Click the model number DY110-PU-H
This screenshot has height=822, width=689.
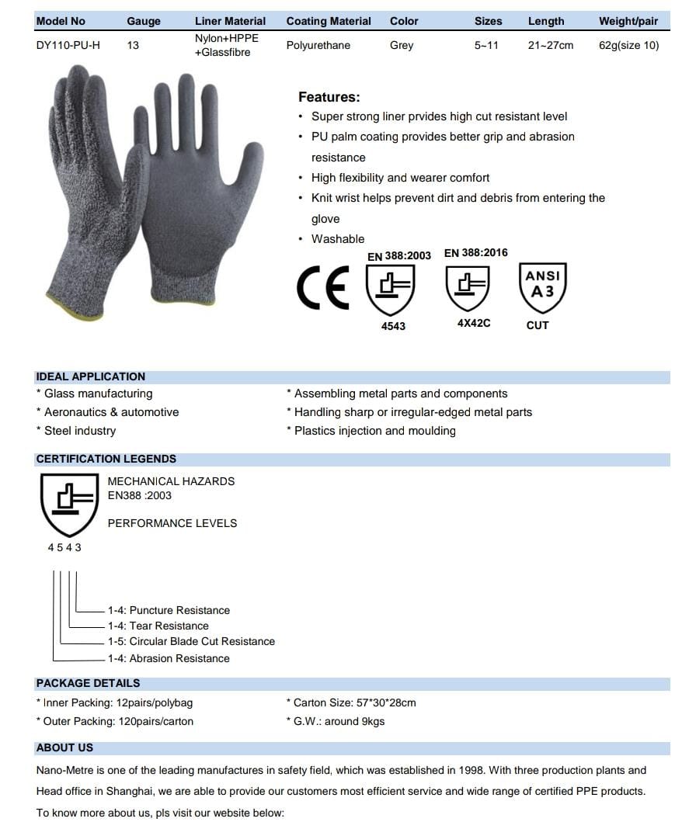(x=68, y=45)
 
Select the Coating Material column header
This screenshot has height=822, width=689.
(x=329, y=21)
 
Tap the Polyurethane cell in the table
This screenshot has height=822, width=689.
(x=318, y=45)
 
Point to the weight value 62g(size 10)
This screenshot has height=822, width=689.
(x=628, y=45)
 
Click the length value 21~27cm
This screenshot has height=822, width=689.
(x=550, y=45)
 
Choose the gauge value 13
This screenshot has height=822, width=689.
(x=133, y=45)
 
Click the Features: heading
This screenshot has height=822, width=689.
(x=329, y=97)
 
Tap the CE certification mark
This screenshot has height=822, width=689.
(x=323, y=287)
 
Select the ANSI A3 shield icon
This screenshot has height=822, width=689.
(x=542, y=286)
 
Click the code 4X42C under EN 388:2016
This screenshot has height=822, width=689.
(x=473, y=323)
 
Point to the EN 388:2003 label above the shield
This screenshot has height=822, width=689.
(x=398, y=255)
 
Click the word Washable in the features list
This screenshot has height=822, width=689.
(x=338, y=239)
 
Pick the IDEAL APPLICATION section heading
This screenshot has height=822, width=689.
(x=91, y=376)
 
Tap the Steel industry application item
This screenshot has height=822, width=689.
(x=79, y=431)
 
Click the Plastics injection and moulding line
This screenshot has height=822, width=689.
(x=374, y=431)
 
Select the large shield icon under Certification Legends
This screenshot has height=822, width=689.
(x=69, y=505)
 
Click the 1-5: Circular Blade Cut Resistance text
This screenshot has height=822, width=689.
(x=191, y=641)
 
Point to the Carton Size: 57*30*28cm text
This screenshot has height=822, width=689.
(x=354, y=702)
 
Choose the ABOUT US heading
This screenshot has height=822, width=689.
(x=64, y=747)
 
